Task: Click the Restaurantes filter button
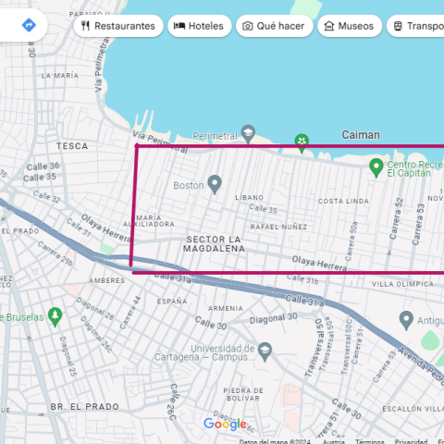pos(117,26)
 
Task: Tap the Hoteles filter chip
pos(199,26)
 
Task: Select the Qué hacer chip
pos(274,26)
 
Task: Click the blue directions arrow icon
pos(30,24)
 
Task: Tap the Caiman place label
pos(361,135)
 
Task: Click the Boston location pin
pos(216,184)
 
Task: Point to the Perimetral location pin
pos(247,133)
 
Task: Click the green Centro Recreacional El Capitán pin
pos(376,167)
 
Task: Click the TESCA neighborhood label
pos(71,146)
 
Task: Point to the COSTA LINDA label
pos(343,201)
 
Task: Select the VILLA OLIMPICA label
pos(402,285)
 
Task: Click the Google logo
pos(225,424)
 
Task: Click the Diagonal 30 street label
pos(272,316)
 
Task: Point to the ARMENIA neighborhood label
pos(226,308)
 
